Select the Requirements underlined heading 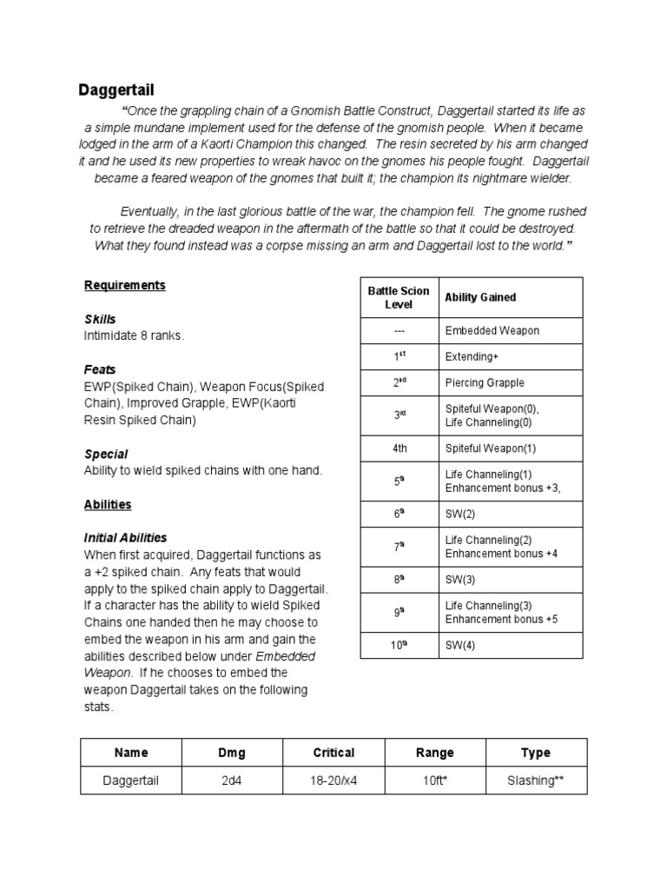coord(124,285)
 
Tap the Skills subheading coord(100,319)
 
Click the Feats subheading coord(100,369)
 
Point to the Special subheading coord(106,454)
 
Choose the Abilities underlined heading coord(108,504)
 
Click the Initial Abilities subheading coord(125,538)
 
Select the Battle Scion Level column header coord(399,297)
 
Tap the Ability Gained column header coord(480,297)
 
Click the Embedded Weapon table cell coord(492,330)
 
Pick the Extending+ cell coord(472,356)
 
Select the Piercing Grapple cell coord(485,382)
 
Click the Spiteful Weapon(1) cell coord(491,448)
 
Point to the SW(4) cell coord(460,646)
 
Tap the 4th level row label coord(399,448)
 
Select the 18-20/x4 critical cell coord(333,780)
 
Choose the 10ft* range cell coord(434,780)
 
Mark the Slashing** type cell coord(536,780)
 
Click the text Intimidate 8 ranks coord(134,335)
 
